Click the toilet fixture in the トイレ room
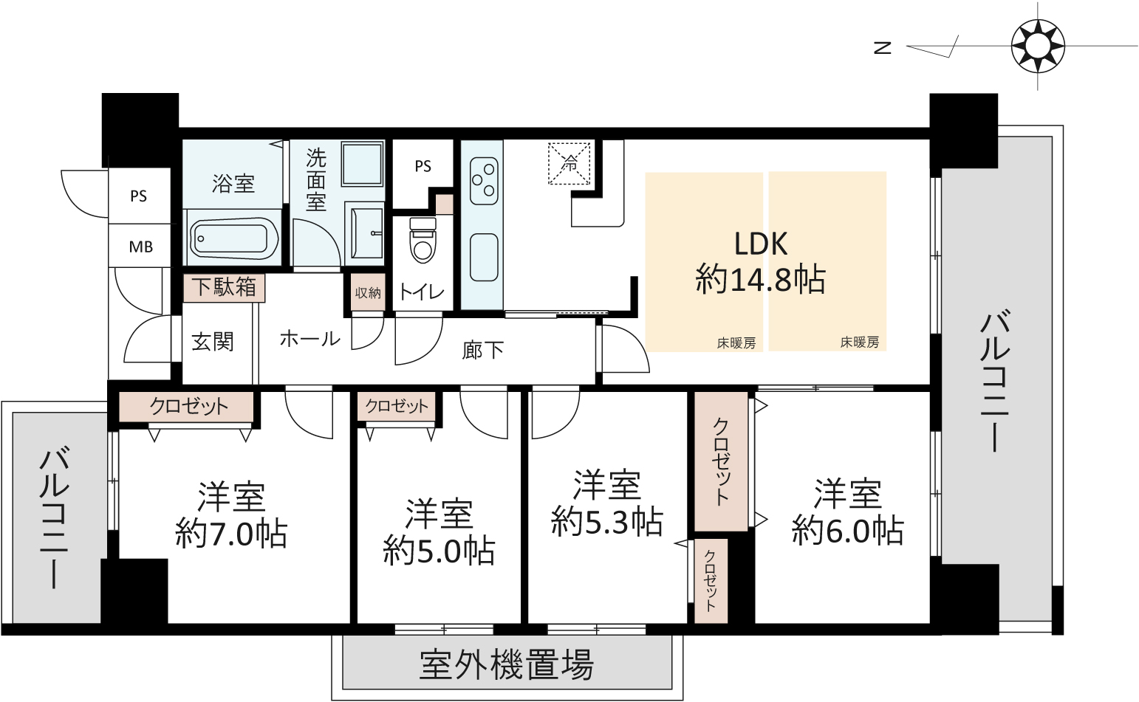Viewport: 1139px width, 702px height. tap(423, 240)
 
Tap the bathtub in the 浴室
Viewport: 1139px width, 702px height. tap(234, 238)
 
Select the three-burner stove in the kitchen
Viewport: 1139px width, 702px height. tap(484, 181)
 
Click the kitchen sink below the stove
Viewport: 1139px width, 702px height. tap(484, 257)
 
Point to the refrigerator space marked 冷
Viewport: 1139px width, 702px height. tap(569, 164)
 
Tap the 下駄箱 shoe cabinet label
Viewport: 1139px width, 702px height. tap(224, 287)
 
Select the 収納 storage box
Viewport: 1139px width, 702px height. tap(368, 292)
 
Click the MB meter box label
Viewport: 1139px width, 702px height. tap(141, 247)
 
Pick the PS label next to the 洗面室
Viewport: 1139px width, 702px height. tap(423, 166)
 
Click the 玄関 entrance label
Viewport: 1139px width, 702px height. tap(213, 342)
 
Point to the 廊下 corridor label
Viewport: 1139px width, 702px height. tap(482, 350)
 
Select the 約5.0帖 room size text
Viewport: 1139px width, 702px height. tap(439, 551)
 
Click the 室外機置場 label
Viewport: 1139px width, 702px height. tap(507, 664)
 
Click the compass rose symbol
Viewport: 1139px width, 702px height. tap(1038, 46)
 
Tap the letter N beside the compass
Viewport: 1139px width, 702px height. tap(883, 48)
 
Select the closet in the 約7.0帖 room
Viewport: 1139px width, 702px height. tap(186, 407)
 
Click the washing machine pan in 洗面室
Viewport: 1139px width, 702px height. tap(362, 164)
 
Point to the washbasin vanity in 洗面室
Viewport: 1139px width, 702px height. tap(364, 233)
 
